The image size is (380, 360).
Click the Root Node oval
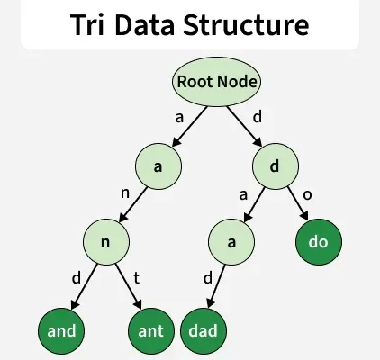(217, 82)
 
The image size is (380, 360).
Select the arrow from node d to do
(298, 204)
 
